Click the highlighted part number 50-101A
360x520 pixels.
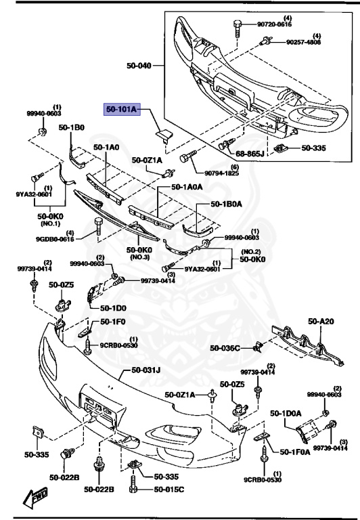pos(120,109)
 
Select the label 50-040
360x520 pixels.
pos(139,66)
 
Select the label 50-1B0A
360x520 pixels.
pos(229,202)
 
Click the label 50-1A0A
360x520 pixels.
pos(189,186)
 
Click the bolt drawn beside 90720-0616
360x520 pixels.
pos(238,28)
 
